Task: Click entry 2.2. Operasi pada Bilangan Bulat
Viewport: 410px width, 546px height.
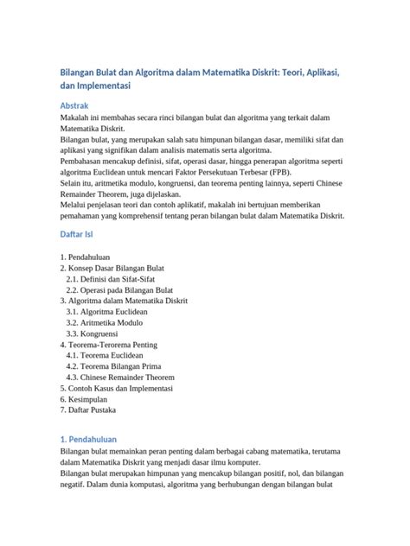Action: point(120,290)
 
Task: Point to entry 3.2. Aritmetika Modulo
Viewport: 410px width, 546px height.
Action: point(105,322)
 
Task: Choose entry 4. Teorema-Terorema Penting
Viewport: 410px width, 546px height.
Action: point(109,344)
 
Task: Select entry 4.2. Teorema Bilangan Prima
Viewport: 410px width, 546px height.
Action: point(114,366)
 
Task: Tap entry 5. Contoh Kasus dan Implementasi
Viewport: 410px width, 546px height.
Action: point(122,388)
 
